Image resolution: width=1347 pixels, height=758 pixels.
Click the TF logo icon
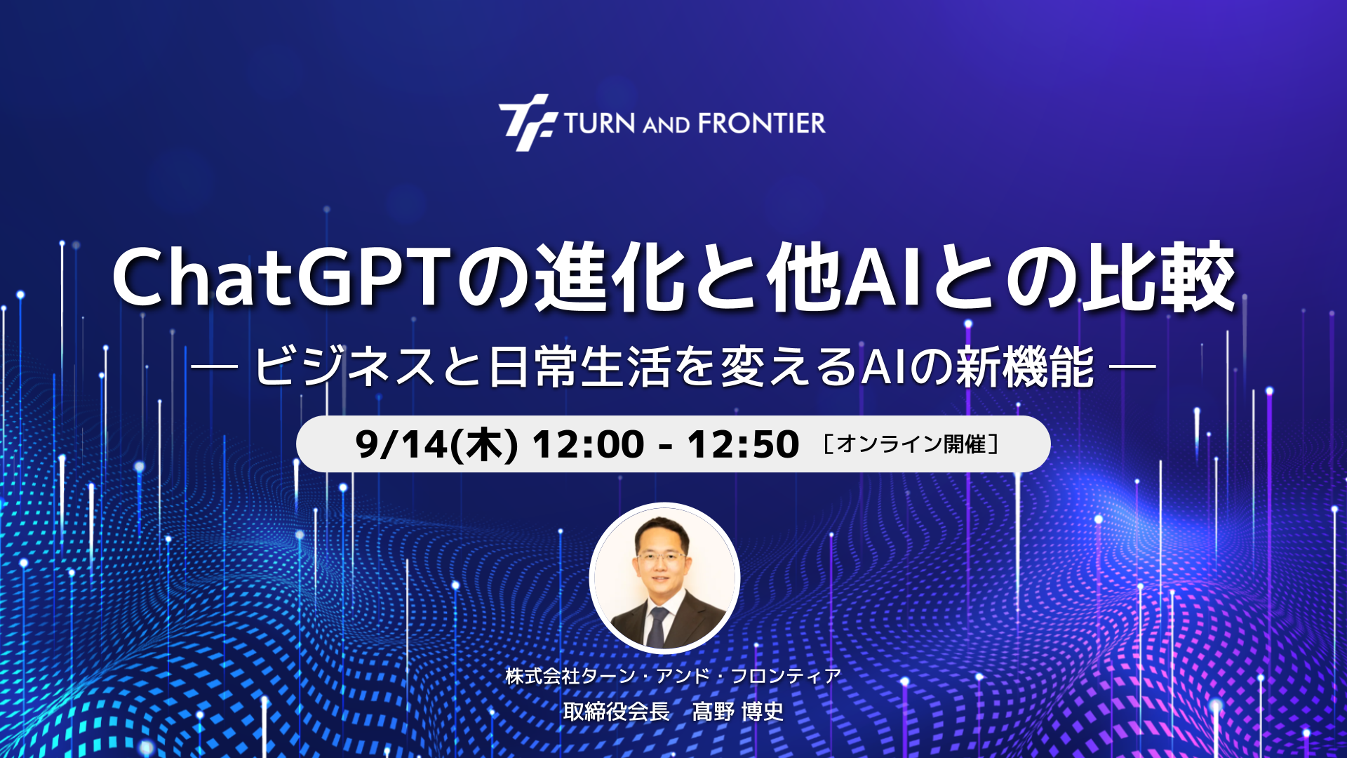pos(528,123)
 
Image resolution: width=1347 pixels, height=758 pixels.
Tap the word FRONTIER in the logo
pos(762,124)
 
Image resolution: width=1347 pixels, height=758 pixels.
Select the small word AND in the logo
pos(666,126)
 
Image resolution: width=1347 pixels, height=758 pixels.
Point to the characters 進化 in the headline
pos(610,277)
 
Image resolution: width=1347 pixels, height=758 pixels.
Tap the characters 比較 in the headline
pos(1159,277)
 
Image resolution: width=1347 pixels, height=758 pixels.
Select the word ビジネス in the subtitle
pos(344,366)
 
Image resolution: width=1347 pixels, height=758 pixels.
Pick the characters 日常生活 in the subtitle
pos(579,366)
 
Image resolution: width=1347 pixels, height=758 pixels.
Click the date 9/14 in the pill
pos(401,444)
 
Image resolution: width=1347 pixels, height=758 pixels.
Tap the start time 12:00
pos(588,444)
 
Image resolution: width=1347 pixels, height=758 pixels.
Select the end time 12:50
pos(743,444)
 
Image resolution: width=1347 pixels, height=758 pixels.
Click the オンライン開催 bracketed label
pos(911,444)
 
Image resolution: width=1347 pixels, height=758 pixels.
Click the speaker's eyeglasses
pos(660,558)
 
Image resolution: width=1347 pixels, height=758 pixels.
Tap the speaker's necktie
pos(657,627)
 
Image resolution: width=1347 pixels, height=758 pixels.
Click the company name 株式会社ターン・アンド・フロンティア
pos(673,676)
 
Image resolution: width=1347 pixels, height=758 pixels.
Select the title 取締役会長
pos(616,712)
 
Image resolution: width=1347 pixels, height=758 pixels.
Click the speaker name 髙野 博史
pos(738,712)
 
